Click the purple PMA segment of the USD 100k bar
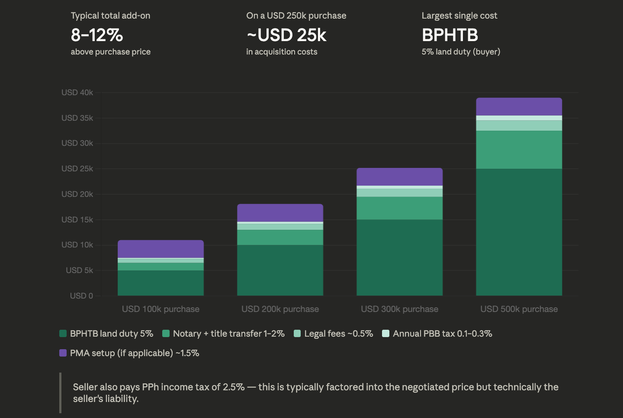[x=161, y=249]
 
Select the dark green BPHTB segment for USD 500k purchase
[x=519, y=232]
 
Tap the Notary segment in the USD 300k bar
[x=399, y=208]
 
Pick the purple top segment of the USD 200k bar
[x=280, y=212]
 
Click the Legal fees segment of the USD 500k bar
[x=519, y=125]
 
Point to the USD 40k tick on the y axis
[x=77, y=93]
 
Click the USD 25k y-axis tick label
[x=77, y=169]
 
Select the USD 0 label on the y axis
[x=81, y=296]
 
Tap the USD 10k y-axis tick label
[x=77, y=245]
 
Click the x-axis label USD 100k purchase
[x=161, y=309]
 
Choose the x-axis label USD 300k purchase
[x=399, y=309]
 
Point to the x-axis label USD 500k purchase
[x=519, y=309]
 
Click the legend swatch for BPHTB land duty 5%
[x=63, y=334]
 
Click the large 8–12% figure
[x=97, y=35]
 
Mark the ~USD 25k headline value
[x=286, y=35]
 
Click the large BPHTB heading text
[x=450, y=35]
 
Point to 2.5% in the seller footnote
[x=234, y=387]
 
